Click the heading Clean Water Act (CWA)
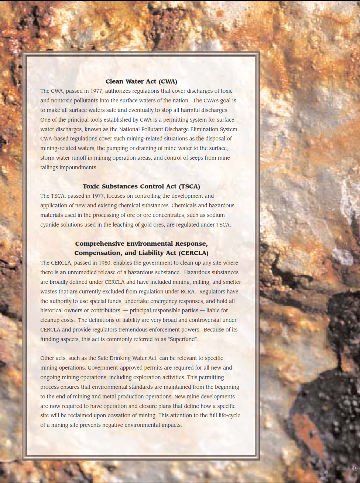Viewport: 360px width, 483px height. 141,82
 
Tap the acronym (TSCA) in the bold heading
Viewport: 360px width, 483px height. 189,187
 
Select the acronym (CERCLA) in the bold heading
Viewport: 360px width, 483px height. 194,253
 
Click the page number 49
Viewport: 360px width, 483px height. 354,469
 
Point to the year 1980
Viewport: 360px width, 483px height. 104,263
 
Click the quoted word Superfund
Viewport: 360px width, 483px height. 183,339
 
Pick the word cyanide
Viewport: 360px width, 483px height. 50,225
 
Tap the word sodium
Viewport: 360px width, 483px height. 216,215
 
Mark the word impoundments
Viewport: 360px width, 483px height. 79,167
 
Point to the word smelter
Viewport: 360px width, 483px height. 232,282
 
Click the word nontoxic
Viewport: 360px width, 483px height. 62,101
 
